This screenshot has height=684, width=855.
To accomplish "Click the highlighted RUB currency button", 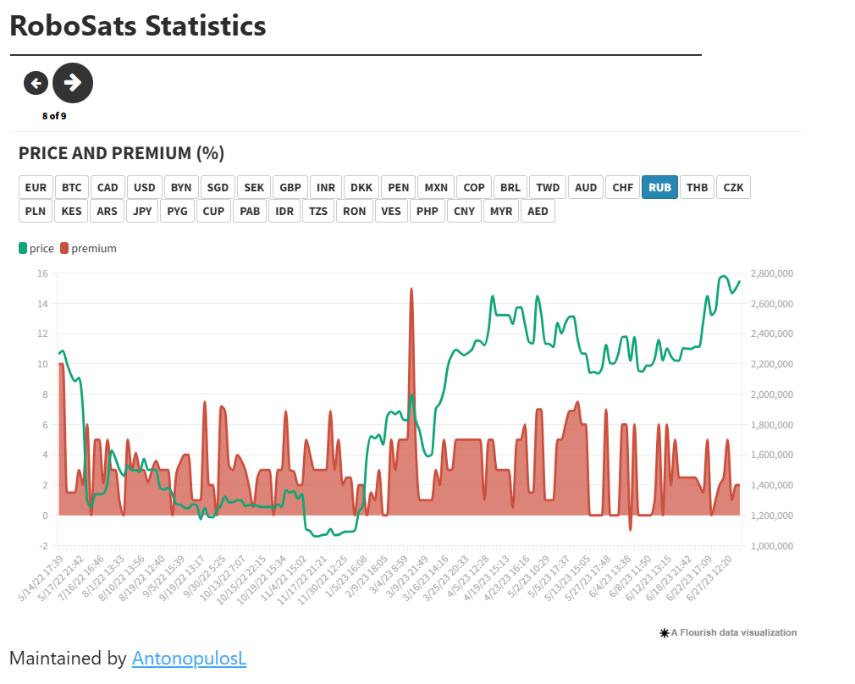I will pyautogui.click(x=660, y=187).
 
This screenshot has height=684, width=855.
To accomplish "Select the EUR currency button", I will pyautogui.click(x=36, y=187).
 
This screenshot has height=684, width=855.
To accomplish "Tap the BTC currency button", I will pyautogui.click(x=72, y=187).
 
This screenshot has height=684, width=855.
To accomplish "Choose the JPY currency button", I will pyautogui.click(x=141, y=211).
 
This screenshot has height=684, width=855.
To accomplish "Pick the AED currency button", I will pyautogui.click(x=538, y=211).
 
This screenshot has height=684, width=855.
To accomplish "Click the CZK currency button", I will pyautogui.click(x=733, y=187).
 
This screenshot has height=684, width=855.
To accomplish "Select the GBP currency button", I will pyautogui.click(x=290, y=187).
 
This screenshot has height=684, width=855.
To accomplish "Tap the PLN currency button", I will pyautogui.click(x=36, y=211).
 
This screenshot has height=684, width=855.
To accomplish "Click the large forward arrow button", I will pyautogui.click(x=73, y=82).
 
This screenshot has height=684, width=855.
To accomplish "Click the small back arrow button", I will pyautogui.click(x=36, y=82).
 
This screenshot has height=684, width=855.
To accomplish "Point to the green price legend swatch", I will pyautogui.click(x=23, y=248).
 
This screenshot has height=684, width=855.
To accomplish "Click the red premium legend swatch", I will pyautogui.click(x=63, y=248).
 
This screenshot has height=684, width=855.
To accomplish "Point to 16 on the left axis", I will pyautogui.click(x=42, y=273).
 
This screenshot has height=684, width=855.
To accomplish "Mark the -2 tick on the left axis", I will pyautogui.click(x=42, y=546).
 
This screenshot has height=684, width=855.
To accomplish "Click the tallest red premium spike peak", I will pyautogui.click(x=411, y=289).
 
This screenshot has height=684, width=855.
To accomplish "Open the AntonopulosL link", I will pyautogui.click(x=189, y=658).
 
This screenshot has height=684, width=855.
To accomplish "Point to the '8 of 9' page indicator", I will pyautogui.click(x=54, y=116).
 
